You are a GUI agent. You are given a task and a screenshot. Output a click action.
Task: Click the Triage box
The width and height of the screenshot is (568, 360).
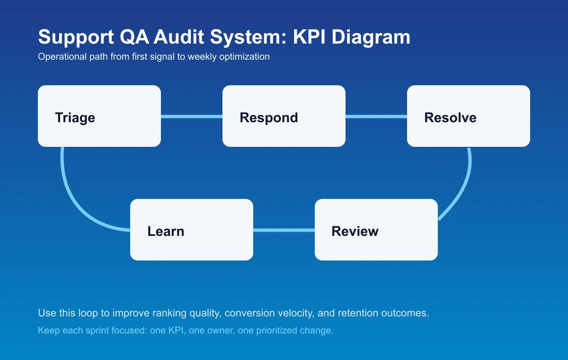(99, 116)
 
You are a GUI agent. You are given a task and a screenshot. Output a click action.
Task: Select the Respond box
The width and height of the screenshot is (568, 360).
(284, 116)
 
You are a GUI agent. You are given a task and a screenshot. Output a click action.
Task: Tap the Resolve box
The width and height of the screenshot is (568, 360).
(469, 116)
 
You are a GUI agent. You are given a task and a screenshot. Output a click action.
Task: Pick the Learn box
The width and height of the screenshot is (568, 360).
(192, 230)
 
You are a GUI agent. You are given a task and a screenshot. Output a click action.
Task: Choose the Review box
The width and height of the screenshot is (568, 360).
(376, 230)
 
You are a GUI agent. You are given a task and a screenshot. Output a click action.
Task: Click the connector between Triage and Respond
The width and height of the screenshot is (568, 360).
(192, 117)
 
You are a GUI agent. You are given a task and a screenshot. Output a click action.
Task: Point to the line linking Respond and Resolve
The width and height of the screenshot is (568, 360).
(376, 117)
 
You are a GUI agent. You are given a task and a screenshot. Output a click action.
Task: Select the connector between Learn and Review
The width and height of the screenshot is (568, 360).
(284, 230)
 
